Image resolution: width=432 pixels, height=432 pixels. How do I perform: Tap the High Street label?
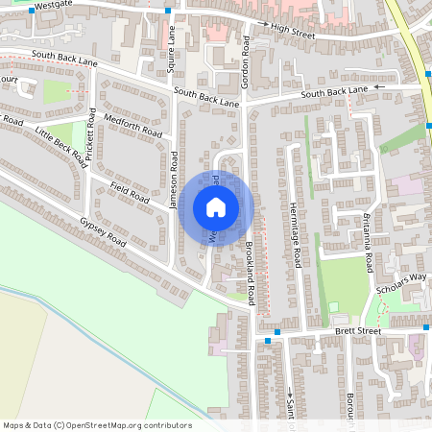(x=293, y=32)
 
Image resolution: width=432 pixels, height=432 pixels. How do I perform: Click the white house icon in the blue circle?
(x=216, y=207)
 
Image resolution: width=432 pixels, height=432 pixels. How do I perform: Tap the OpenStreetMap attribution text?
(x=97, y=424)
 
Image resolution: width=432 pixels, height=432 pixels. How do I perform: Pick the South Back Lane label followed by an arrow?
(x=334, y=91)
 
